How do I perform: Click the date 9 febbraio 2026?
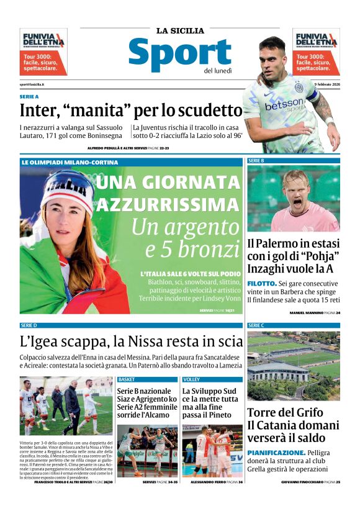[x=327, y=84]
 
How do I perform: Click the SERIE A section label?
[x=29, y=97]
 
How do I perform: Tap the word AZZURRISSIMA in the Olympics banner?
[x=167, y=204]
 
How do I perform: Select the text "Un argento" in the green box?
[x=185, y=228]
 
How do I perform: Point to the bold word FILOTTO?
[x=262, y=283]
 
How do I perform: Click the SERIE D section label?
[x=29, y=325]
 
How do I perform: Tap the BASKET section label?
[x=127, y=379]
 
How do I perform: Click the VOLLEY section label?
[x=192, y=379]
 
